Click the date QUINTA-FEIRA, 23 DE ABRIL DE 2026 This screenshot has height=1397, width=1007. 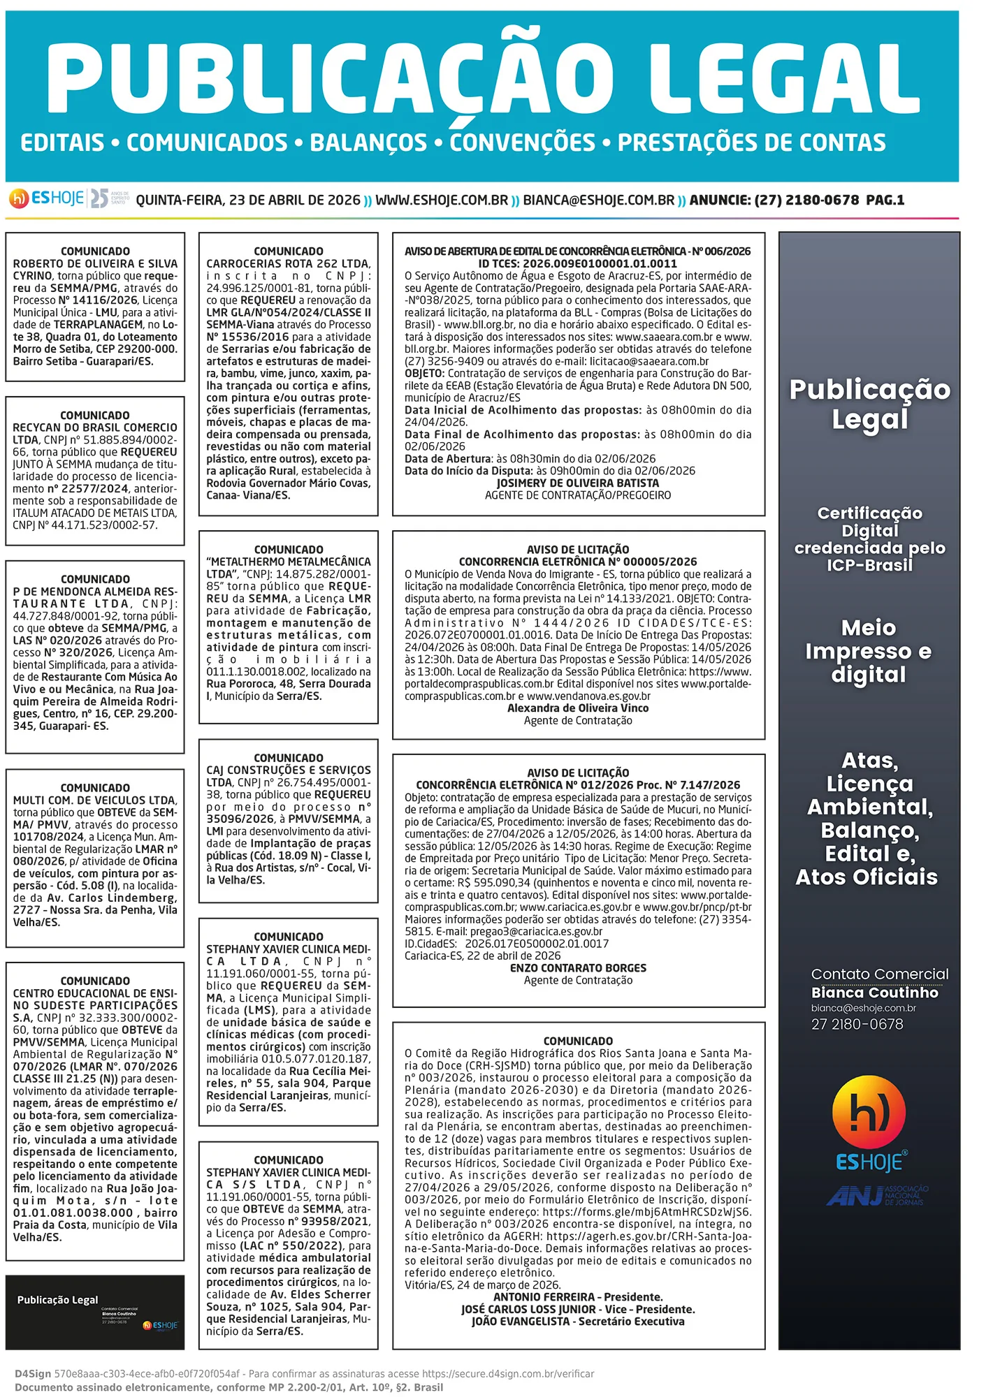point(248,200)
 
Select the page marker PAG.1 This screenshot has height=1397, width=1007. point(885,200)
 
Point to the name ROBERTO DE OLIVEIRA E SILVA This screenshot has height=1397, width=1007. point(95,264)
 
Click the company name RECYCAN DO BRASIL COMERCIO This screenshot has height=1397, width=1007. point(95,427)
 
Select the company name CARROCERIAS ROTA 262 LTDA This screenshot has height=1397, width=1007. point(287,264)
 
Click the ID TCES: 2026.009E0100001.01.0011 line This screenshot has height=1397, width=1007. point(577,264)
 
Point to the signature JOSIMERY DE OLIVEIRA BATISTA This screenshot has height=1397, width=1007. point(577,483)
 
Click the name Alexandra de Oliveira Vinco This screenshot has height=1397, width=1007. point(577,708)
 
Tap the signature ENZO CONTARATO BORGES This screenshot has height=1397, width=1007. point(577,968)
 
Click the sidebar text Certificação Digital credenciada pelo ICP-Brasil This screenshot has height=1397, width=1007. point(869,539)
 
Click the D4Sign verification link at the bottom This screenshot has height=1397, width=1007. point(508,1374)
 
